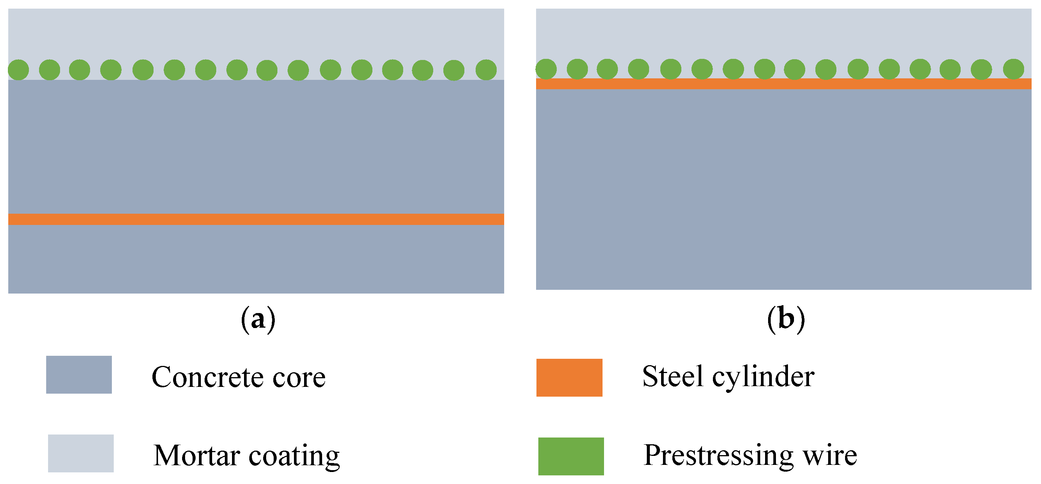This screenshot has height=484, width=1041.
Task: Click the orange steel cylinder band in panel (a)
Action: click(x=256, y=219)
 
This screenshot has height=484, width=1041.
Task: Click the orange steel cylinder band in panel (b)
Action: click(x=783, y=84)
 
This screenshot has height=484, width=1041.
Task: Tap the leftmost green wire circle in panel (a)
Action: click(x=18, y=70)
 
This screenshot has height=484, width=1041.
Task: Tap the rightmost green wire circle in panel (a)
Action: click(x=486, y=70)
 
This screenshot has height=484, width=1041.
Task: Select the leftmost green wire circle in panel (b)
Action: click(x=546, y=69)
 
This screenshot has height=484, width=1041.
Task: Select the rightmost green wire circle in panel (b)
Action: click(x=1014, y=69)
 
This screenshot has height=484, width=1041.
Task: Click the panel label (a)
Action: click(x=258, y=319)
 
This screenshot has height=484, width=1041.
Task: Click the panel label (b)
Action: click(x=786, y=319)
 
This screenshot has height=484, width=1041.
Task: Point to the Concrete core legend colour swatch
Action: click(x=79, y=375)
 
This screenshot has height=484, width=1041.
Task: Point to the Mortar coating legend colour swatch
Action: click(x=81, y=453)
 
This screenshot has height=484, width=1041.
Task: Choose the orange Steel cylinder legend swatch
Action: click(x=569, y=378)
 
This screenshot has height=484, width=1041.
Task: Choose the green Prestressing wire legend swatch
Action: click(x=571, y=457)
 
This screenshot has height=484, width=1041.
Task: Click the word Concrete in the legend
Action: click(x=207, y=377)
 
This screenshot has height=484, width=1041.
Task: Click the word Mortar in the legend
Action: click(x=197, y=456)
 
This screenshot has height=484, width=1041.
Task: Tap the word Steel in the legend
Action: click(x=672, y=376)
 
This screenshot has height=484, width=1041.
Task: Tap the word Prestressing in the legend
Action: click(x=718, y=456)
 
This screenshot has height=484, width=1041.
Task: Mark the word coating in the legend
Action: click(x=294, y=456)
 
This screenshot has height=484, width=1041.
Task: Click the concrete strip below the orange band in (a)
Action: click(x=256, y=259)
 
